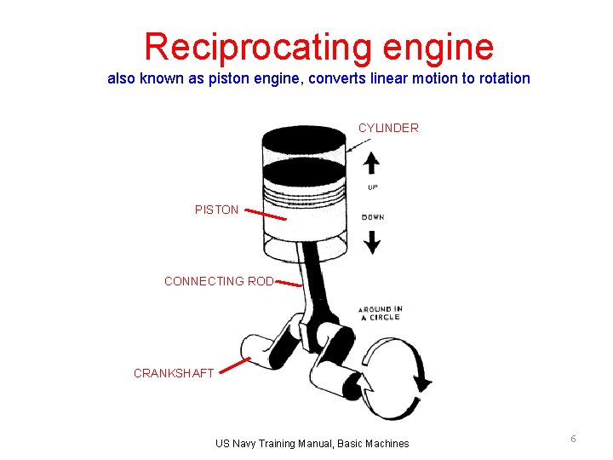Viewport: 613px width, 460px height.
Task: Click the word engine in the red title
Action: (x=441, y=47)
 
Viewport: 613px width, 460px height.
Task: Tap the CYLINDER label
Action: (x=388, y=128)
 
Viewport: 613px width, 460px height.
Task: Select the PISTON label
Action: (x=216, y=210)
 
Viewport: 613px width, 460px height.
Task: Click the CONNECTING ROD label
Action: (x=219, y=281)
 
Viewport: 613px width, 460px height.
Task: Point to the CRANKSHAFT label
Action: (x=174, y=373)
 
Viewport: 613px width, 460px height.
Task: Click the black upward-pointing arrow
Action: (x=372, y=163)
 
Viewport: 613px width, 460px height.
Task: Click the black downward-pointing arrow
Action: (x=372, y=242)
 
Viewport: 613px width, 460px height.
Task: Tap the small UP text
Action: (x=373, y=187)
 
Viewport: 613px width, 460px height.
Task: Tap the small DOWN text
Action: (x=373, y=217)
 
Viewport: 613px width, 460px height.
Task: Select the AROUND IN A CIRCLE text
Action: (x=380, y=313)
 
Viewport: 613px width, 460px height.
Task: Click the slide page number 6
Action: (x=573, y=438)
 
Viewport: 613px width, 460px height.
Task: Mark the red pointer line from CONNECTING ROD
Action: (x=289, y=284)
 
